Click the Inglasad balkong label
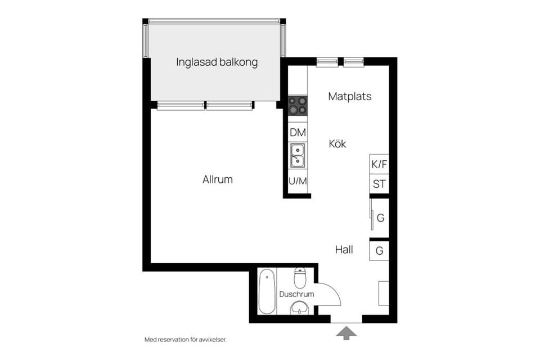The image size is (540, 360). coord(217,62)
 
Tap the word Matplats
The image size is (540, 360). coord(349,96)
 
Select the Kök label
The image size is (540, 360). coord(337,144)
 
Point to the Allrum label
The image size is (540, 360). coord(218,180)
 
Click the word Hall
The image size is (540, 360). coord(344,249)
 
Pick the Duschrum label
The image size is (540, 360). coord(296,294)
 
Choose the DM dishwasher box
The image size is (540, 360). coord(298,133)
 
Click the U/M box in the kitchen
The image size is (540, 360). coord(298,181)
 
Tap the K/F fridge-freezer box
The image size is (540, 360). coord(379,165)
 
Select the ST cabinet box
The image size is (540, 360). coord(379,184)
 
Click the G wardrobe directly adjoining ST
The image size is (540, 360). coord(380,218)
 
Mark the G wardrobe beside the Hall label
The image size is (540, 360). coord(379,250)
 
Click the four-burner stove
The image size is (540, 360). coord(298,106)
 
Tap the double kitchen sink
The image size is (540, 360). coord(298,155)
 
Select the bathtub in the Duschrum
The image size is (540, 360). coord(267,291)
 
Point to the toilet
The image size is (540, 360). coord(300,277)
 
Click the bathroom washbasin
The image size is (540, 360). coord(299,308)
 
